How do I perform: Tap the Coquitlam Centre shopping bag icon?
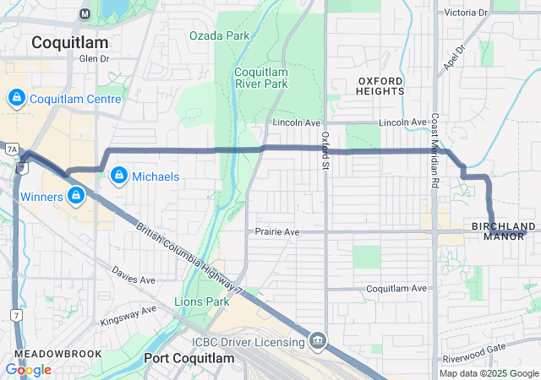point(15,99)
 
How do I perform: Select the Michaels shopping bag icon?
point(119,176)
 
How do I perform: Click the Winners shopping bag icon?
point(76,197)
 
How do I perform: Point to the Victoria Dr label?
point(467,13)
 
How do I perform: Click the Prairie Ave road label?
point(277,231)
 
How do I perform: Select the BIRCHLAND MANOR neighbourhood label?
point(504,231)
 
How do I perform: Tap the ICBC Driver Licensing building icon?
point(318,341)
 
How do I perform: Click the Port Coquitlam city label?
point(188,358)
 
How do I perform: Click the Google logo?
point(28,370)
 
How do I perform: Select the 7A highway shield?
point(12,149)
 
